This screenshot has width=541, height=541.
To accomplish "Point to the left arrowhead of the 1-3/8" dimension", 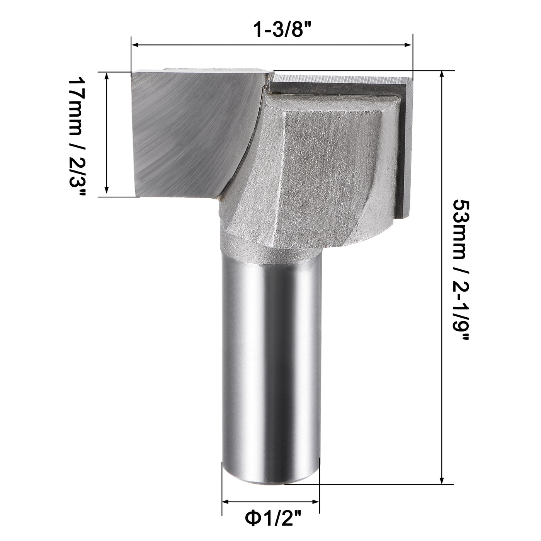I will click(135, 45).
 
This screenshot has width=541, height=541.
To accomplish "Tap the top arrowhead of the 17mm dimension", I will click(107, 75).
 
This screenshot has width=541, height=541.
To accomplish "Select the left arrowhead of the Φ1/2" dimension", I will click(226, 502).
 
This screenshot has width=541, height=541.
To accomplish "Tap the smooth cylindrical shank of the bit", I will click(270, 367).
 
